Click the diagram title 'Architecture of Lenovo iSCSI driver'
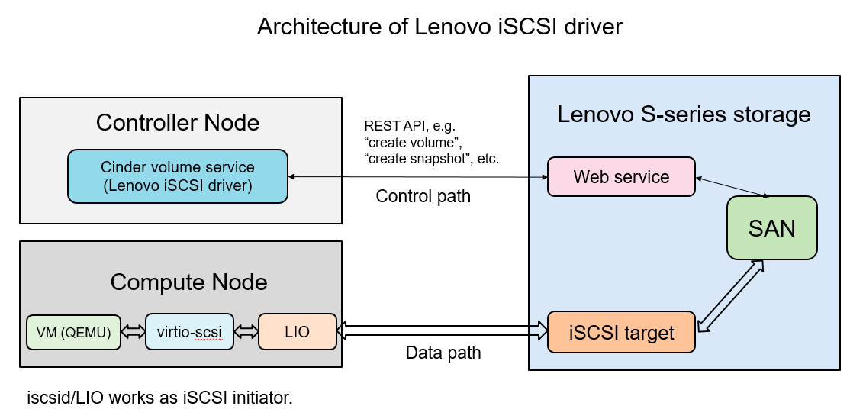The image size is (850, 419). click(439, 27)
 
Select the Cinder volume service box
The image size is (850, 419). click(178, 176)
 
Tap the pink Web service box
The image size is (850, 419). click(621, 177)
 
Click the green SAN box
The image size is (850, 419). click(771, 227)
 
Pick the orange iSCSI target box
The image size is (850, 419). click(621, 332)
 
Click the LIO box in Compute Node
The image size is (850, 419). click(297, 331)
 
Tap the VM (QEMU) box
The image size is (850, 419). click(73, 332)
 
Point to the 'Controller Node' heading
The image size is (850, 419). click(178, 123)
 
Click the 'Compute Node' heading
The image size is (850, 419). click(188, 282)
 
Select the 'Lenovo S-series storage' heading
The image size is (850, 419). click(684, 114)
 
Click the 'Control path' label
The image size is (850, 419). click(423, 197)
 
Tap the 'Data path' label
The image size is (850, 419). click(443, 353)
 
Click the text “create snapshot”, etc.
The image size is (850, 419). click(432, 158)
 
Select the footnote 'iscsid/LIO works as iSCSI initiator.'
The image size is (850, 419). click(159, 398)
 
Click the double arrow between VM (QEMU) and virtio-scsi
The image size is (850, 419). click(133, 332)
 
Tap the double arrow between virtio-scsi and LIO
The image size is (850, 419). click(246, 332)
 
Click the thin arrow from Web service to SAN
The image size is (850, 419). click(732, 188)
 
